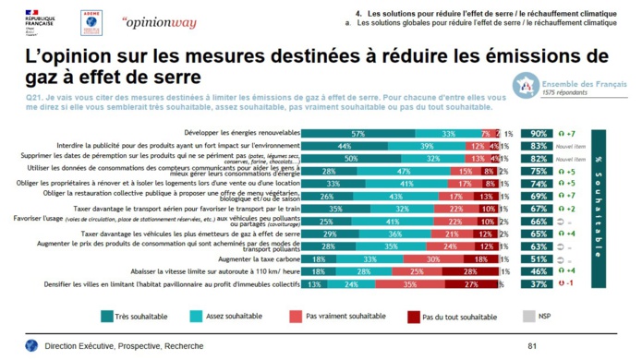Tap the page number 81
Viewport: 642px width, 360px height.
tap(531, 345)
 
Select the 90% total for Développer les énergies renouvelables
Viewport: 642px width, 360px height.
tap(538, 134)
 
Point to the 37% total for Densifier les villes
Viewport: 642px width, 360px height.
tap(538, 284)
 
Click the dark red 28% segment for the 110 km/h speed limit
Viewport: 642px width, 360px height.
tap(470, 271)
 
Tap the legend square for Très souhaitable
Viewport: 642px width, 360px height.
tap(107, 317)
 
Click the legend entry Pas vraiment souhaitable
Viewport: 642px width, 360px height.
tap(345, 317)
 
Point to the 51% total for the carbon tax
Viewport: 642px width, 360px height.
tap(538, 259)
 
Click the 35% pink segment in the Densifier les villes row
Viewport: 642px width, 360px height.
tap(409, 284)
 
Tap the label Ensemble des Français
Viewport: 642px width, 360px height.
tap(584, 84)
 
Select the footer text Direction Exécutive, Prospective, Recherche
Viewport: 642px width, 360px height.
tap(117, 345)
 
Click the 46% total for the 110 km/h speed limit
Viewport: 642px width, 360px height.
tap(538, 271)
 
